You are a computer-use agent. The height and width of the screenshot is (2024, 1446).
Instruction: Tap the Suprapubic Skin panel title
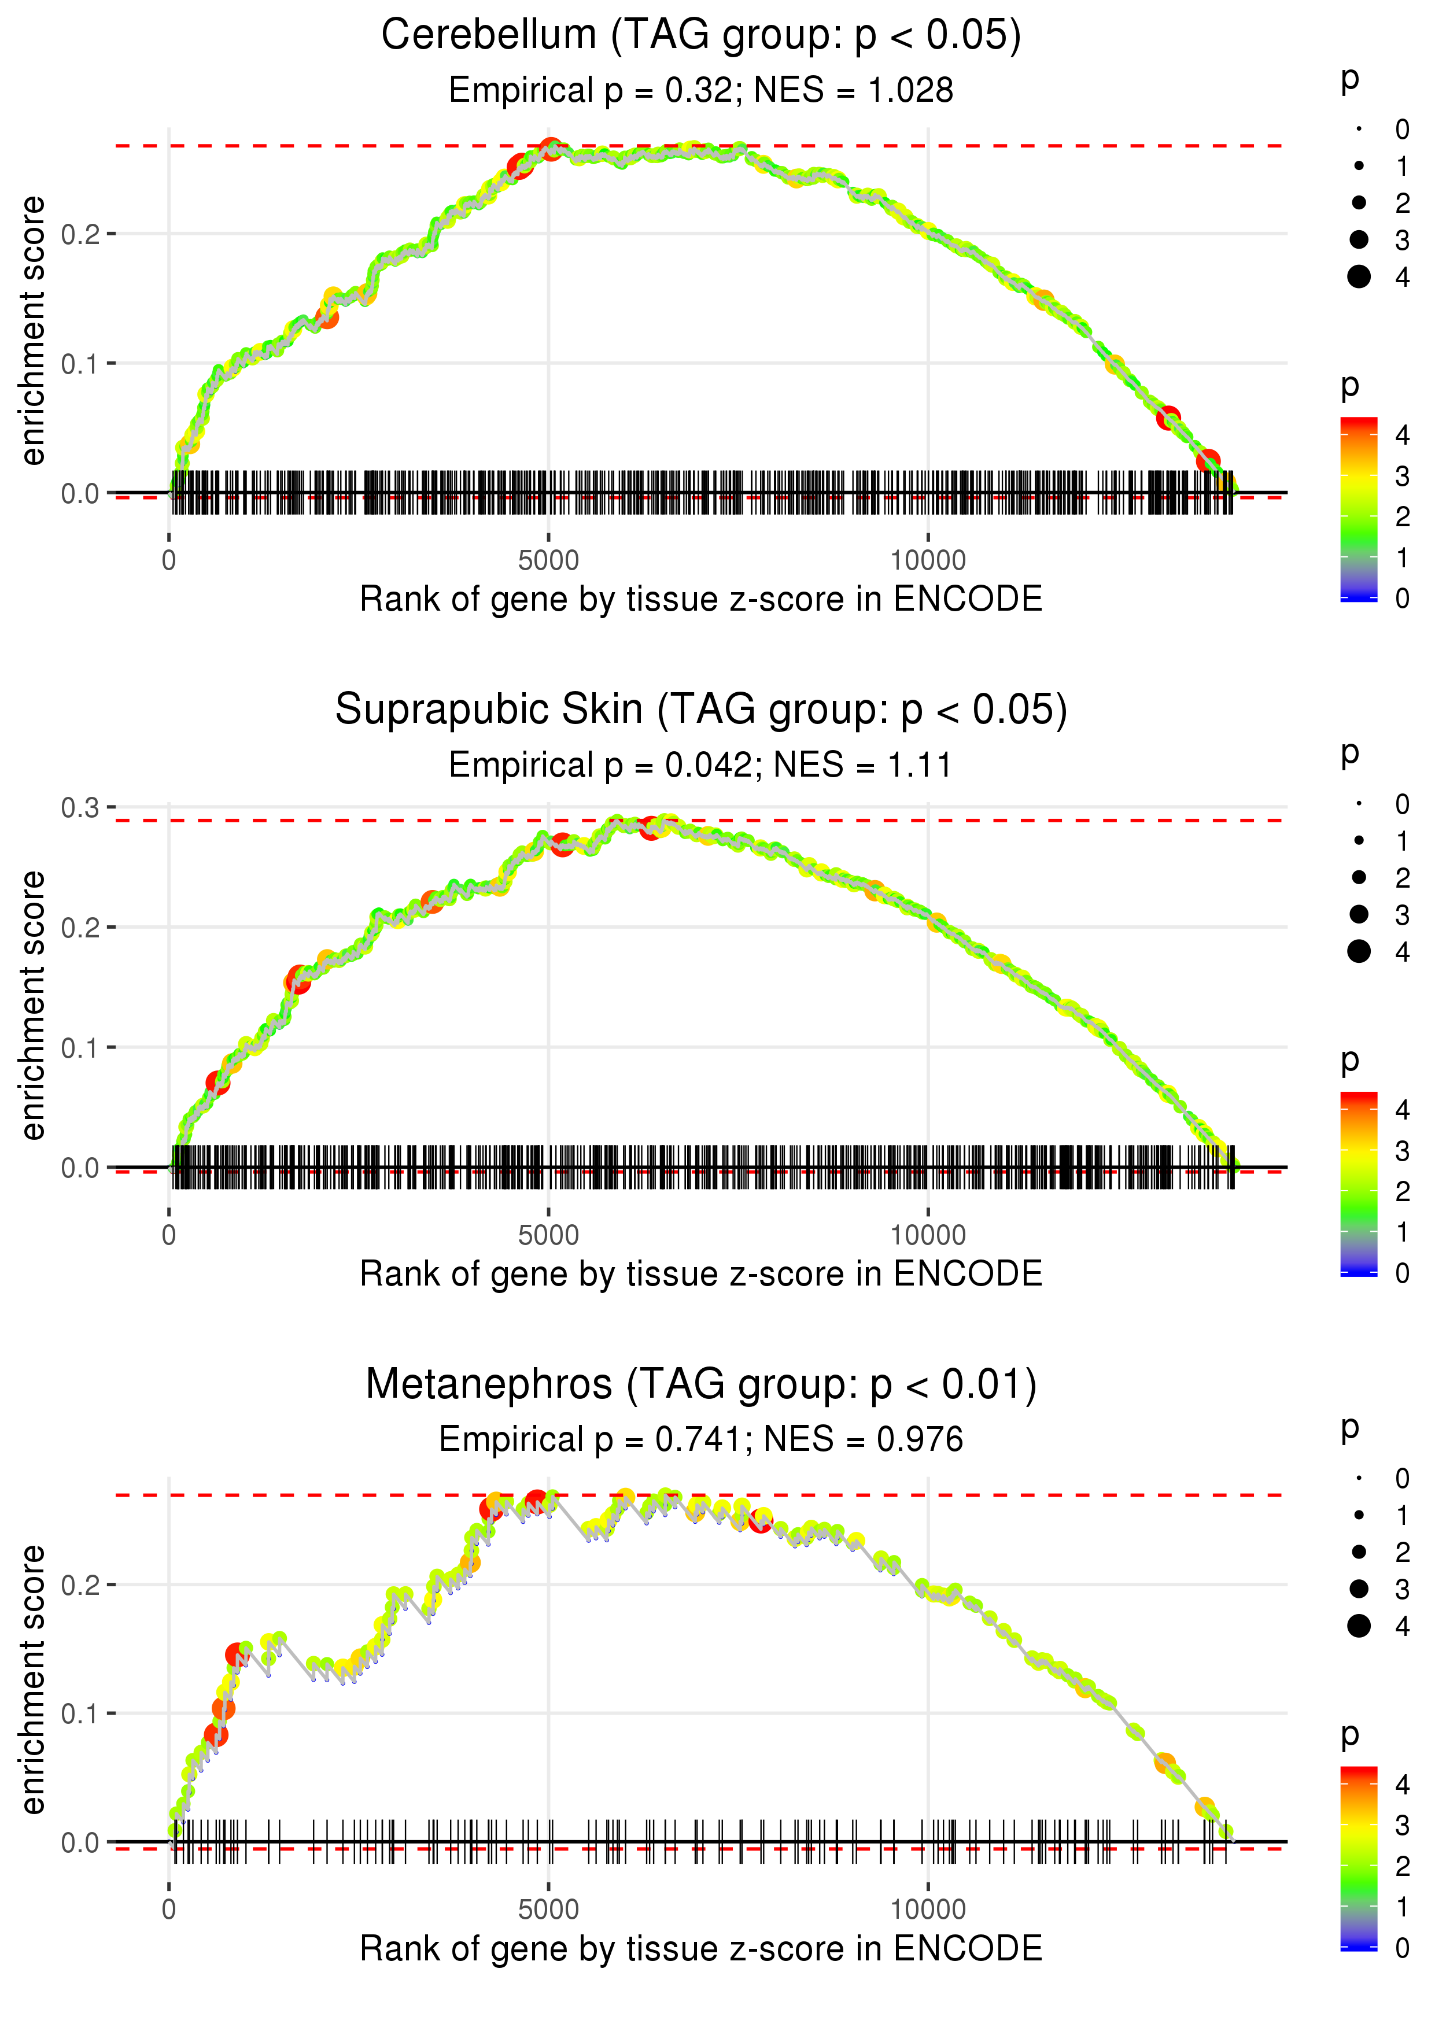tap(701, 710)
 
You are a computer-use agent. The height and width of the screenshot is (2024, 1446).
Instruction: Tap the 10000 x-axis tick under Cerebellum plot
tap(928, 561)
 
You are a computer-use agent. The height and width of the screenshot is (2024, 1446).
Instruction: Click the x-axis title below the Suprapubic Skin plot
tap(701, 1274)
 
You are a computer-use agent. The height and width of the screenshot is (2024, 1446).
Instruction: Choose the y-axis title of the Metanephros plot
tap(33, 1679)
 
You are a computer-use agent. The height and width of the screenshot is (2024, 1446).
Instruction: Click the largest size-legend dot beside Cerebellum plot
tap(1359, 277)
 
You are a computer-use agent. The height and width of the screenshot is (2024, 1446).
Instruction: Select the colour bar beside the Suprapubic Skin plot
tap(1359, 1184)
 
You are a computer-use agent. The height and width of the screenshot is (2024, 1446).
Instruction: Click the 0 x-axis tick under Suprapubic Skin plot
tap(169, 1235)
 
